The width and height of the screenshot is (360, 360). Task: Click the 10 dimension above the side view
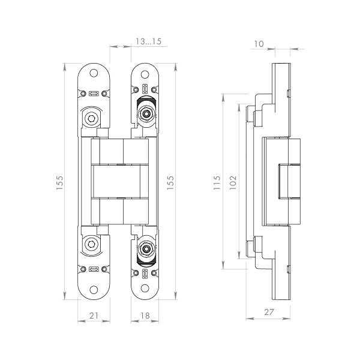point(259,44)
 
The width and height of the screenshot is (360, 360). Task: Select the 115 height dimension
point(218,182)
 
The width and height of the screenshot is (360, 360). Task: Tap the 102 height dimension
point(234,182)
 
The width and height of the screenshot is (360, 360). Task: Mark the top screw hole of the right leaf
point(144,74)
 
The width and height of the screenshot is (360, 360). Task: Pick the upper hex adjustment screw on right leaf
point(145,113)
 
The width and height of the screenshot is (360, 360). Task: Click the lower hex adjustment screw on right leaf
point(145,248)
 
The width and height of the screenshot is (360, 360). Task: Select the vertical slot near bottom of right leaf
point(145,274)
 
